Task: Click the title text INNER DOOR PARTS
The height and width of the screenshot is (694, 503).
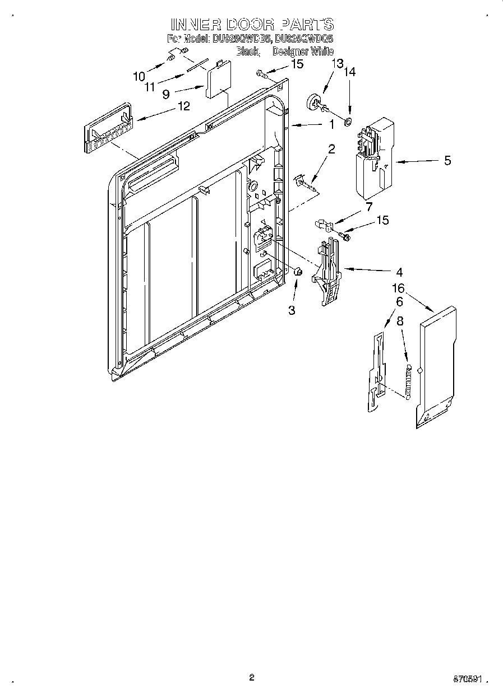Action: tap(252, 24)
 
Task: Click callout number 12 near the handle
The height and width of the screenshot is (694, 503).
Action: tap(183, 105)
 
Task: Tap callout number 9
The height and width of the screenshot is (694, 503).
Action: tap(166, 95)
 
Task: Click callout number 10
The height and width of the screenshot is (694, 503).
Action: tap(139, 76)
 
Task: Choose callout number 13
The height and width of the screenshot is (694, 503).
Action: tap(336, 64)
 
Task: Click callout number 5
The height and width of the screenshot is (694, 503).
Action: tap(447, 161)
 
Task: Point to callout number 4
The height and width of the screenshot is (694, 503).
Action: tap(399, 273)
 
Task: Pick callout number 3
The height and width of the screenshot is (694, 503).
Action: tap(292, 310)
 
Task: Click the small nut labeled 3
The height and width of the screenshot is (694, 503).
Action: tap(298, 272)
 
